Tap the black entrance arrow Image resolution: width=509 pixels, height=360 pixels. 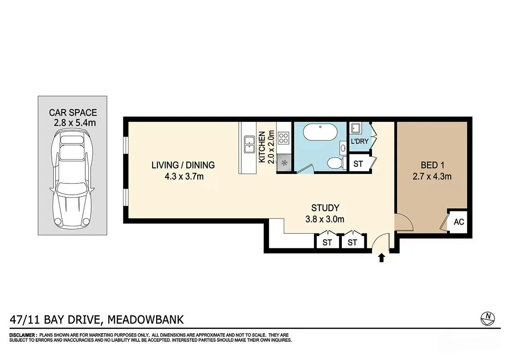381,258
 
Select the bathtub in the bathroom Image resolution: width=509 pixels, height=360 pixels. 320,132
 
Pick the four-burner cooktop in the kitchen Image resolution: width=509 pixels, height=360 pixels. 284,138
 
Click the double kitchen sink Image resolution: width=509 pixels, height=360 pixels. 249,145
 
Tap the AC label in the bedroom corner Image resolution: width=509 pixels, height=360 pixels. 459,222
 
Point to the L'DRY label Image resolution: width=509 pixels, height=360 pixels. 360,141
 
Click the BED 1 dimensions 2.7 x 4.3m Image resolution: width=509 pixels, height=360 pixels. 432,177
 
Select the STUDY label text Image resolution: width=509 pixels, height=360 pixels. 325,208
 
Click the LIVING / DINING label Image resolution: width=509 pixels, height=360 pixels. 183,165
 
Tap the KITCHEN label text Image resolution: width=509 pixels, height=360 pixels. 262,147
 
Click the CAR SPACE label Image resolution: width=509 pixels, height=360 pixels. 73,112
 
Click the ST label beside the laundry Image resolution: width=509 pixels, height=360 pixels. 358,164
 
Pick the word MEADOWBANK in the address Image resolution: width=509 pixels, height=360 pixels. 145,320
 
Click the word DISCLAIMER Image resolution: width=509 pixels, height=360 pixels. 22,335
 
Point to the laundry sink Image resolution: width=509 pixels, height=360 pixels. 355,128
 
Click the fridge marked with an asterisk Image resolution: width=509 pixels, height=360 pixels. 284,163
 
